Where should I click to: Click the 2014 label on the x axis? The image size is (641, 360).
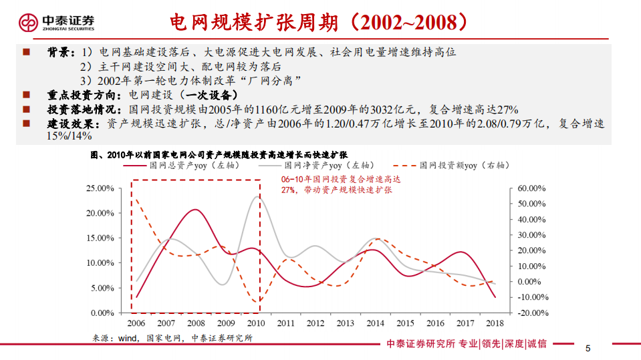coord(376,324)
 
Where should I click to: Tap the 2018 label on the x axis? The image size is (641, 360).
coord(495,324)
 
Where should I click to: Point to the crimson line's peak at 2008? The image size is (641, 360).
coord(193,210)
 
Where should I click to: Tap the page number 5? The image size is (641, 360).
coord(588,348)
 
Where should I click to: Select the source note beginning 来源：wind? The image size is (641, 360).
coord(172,338)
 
